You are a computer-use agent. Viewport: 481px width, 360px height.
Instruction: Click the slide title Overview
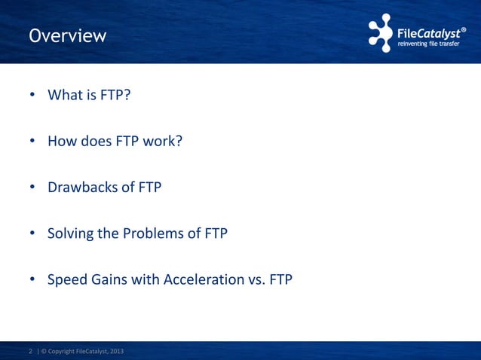click(67, 35)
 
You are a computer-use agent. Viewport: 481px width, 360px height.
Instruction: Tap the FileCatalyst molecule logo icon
click(381, 32)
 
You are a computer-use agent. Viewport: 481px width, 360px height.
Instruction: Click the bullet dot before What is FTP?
click(32, 96)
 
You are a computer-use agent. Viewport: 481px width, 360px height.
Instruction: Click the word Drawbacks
click(82, 187)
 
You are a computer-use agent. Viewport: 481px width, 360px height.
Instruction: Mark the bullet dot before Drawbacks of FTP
click(32, 188)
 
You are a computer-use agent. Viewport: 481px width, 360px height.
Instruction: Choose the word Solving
click(70, 233)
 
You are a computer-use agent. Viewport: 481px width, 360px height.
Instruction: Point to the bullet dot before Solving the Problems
click(32, 233)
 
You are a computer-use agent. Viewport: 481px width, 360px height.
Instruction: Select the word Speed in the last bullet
click(66, 279)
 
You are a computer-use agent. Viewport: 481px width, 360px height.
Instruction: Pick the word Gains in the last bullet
click(109, 279)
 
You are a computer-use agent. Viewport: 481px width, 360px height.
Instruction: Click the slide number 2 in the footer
click(30, 351)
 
